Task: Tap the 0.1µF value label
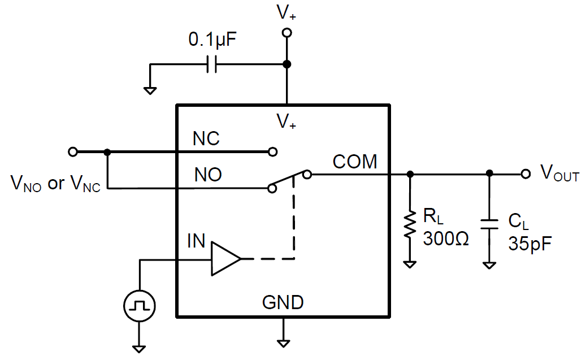click(212, 41)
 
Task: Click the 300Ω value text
click(446, 239)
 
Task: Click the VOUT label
click(559, 174)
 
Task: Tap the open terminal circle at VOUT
click(526, 174)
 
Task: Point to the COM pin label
click(355, 162)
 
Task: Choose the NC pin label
click(206, 139)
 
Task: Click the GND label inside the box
click(283, 303)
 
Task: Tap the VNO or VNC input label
click(55, 183)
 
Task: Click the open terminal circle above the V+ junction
click(287, 33)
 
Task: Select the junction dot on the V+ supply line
click(287, 64)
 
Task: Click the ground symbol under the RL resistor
click(411, 263)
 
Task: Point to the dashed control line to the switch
click(294, 226)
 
